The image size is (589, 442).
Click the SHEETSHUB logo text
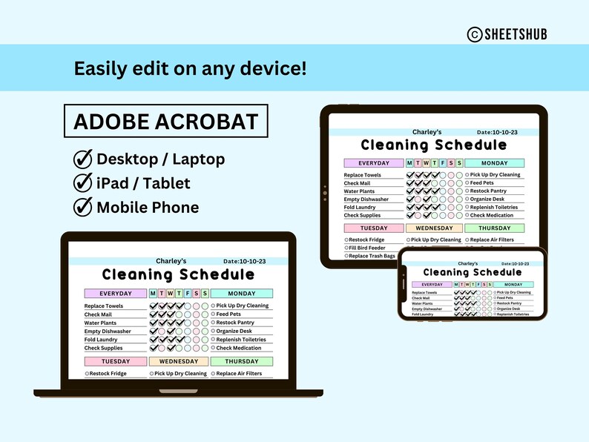(522, 34)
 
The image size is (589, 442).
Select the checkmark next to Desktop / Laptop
(82, 159)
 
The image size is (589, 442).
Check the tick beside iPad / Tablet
(82, 183)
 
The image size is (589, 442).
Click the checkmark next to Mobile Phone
(82, 207)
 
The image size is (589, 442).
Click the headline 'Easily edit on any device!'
(190, 69)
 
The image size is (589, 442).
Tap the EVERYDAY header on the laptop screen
(115, 293)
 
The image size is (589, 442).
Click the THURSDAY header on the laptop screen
(242, 361)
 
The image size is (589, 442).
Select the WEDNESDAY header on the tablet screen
(434, 228)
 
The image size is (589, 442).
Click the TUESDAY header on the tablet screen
(374, 228)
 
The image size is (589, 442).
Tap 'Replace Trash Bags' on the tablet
(371, 257)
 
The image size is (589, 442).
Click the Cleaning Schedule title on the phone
(473, 272)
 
